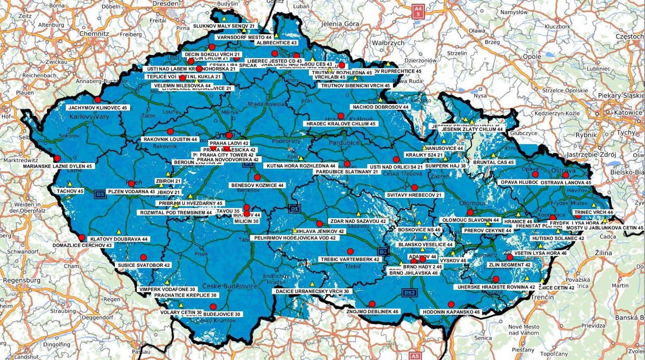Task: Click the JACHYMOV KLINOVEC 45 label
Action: point(98,108)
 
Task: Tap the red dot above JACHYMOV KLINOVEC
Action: point(98,100)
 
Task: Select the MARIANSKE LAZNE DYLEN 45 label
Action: point(57,166)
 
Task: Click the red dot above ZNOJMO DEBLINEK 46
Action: point(372,304)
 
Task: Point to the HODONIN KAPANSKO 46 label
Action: point(451,312)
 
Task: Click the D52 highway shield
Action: point(409,293)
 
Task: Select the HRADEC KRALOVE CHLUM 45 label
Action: point(341,124)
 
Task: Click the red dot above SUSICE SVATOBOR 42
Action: point(144,257)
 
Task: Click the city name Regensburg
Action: point(22,280)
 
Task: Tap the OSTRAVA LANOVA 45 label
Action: point(566,183)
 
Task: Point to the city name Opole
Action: point(532,56)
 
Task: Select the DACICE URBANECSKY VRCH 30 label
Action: point(312,291)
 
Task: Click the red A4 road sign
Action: point(418,11)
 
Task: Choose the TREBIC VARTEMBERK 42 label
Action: point(350,259)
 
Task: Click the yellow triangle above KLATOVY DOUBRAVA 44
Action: point(119,231)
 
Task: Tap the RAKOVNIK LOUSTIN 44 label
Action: point(170,139)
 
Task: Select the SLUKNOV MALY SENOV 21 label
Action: point(224,26)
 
